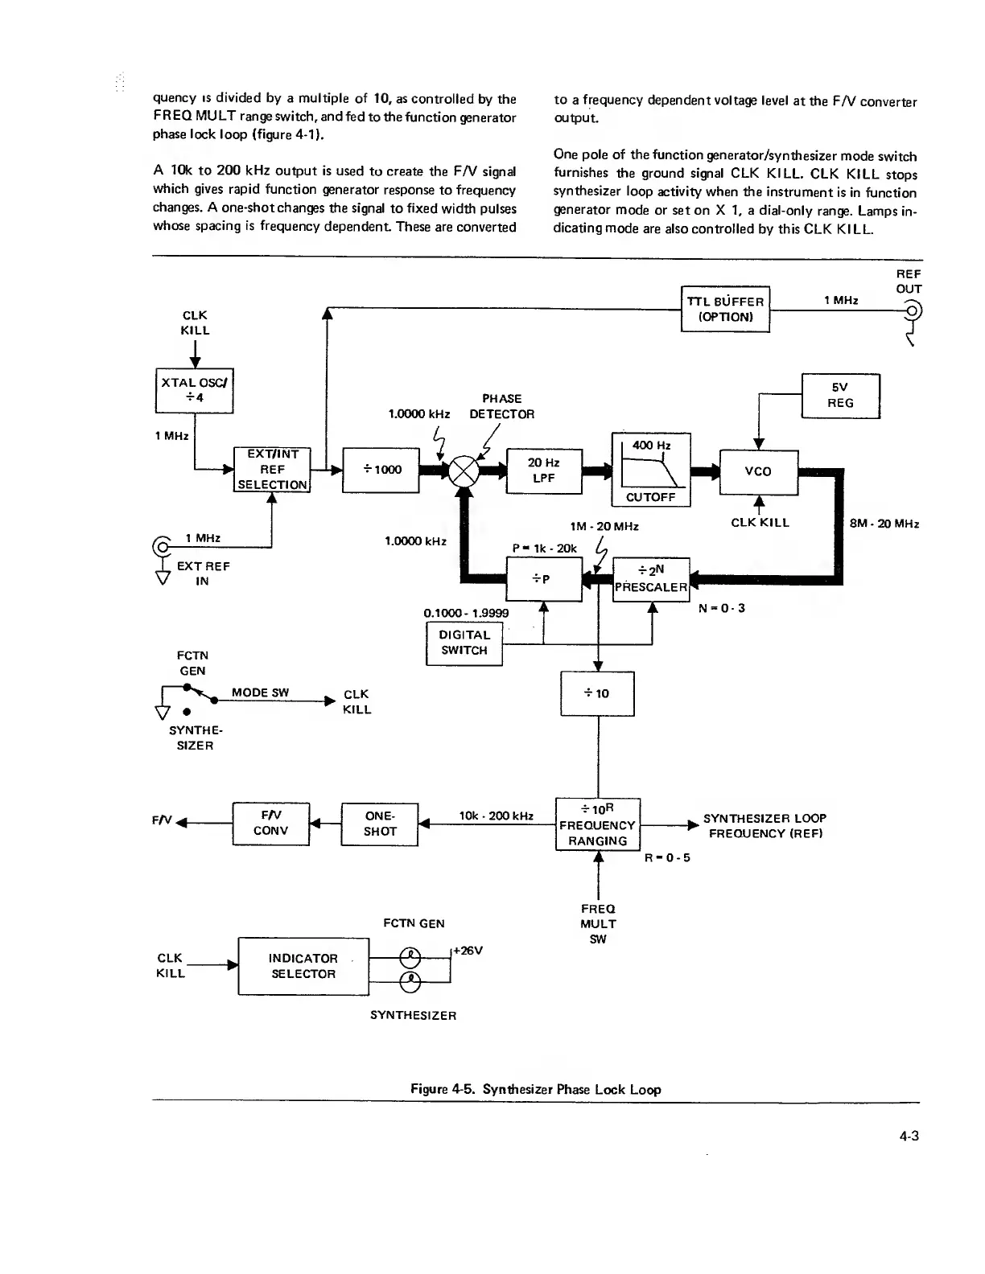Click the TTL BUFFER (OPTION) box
(x=725, y=309)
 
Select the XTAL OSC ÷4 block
(x=195, y=390)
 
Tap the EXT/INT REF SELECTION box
(x=272, y=469)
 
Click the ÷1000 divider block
(x=381, y=470)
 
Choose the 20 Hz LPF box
(x=543, y=471)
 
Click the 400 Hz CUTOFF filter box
(x=651, y=471)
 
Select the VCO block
(x=758, y=472)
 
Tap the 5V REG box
(x=841, y=396)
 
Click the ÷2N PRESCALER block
(x=651, y=579)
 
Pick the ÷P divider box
(x=543, y=579)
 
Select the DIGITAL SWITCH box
(x=464, y=643)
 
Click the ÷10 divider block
(x=597, y=693)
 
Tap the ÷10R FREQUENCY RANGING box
(x=597, y=824)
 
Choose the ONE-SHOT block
(x=380, y=824)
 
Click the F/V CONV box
(x=270, y=824)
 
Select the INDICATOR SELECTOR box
(x=303, y=966)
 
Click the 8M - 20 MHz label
(x=884, y=524)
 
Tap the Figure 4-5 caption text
(x=535, y=1090)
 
